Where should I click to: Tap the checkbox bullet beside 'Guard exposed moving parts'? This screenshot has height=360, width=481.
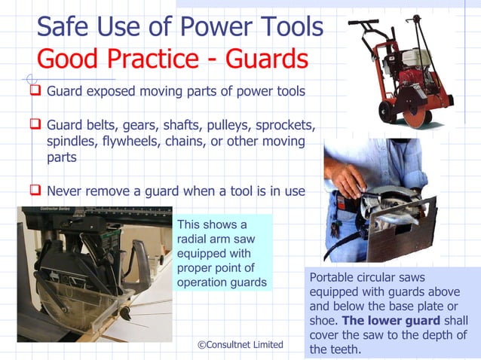pos(35,90)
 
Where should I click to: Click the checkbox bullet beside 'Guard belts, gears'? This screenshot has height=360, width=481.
pos(35,124)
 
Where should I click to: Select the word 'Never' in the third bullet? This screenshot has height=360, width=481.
pos(64,191)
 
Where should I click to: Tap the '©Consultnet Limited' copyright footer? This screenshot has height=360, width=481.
pos(240,344)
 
